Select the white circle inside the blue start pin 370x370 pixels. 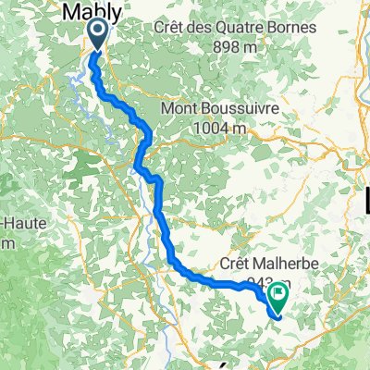click(98, 33)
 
